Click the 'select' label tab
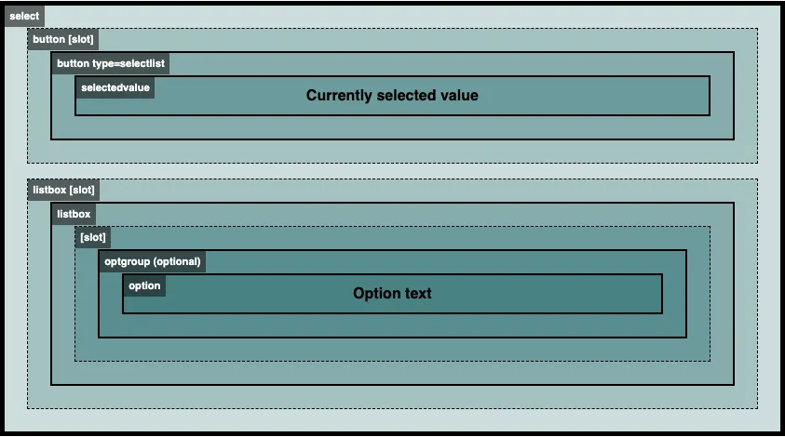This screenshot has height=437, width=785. (x=24, y=16)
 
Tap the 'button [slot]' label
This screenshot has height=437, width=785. (x=63, y=39)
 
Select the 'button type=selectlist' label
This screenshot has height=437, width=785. (x=111, y=63)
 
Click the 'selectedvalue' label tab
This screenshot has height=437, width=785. (x=115, y=87)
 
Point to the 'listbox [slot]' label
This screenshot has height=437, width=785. (x=63, y=190)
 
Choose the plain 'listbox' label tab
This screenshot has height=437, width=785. (x=74, y=214)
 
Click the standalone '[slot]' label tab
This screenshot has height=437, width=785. (x=93, y=237)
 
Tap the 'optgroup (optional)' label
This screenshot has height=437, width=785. (x=152, y=261)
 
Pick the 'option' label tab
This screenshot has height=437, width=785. (x=144, y=285)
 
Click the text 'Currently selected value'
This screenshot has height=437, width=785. (x=392, y=96)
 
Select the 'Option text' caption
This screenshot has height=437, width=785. (x=392, y=293)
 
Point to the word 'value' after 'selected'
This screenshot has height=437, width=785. (x=459, y=96)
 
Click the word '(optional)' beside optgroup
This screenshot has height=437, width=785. (x=177, y=261)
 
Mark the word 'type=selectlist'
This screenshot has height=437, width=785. (x=136, y=64)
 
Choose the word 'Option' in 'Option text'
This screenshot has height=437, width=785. (x=376, y=293)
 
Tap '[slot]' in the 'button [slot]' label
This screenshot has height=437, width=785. (x=81, y=39)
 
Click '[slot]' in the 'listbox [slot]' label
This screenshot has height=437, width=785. (x=82, y=190)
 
